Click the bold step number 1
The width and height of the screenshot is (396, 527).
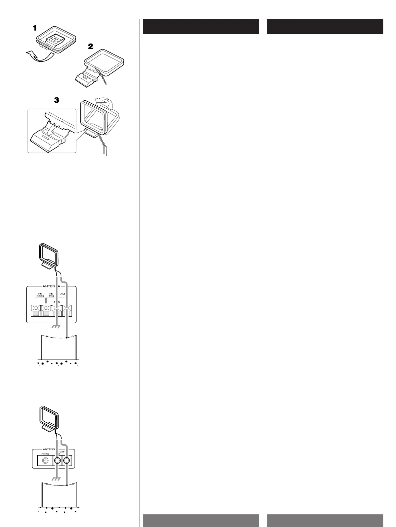(x=35, y=29)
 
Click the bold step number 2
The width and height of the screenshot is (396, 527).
(x=91, y=47)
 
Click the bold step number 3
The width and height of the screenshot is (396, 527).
(x=57, y=100)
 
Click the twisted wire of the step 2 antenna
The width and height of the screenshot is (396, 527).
(x=103, y=79)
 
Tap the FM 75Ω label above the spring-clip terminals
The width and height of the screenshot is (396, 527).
(x=51, y=295)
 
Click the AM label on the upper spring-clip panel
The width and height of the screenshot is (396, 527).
(x=63, y=294)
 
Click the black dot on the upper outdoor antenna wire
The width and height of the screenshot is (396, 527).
(x=67, y=338)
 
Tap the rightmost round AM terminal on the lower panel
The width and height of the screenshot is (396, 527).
(x=67, y=461)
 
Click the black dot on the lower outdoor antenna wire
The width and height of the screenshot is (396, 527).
(x=67, y=486)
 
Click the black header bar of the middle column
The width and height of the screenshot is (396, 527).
(x=201, y=27)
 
